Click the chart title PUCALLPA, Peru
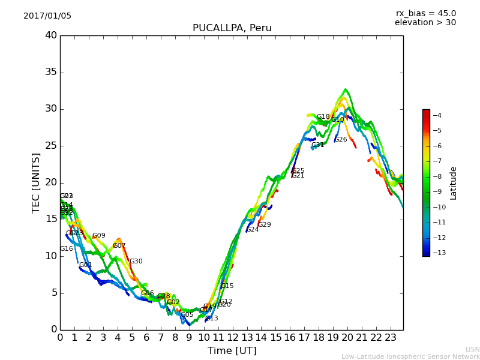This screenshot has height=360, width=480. tap(232, 28)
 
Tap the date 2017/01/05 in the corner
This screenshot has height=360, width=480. tap(47, 16)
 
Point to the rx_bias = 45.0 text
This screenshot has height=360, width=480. tap(425, 14)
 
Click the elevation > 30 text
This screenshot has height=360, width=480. tap(425, 23)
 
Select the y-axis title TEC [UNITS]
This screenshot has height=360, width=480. tap(36, 182)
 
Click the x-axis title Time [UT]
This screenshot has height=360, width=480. tap(232, 350)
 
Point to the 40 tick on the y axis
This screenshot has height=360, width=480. tap(51, 35)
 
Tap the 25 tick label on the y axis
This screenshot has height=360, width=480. tap(51, 146)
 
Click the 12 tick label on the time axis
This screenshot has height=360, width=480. tap(232, 337)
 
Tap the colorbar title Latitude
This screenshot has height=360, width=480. tap(454, 183)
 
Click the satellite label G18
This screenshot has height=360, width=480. tap(323, 117)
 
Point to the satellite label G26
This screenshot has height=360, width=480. tap(341, 140)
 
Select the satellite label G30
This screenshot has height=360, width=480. tap(136, 262)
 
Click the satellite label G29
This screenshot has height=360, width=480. tap(265, 225)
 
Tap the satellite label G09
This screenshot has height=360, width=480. tap(98, 236)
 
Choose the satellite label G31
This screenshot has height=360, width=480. tap(317, 145)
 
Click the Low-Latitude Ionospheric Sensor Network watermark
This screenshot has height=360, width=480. tap(410, 356)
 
